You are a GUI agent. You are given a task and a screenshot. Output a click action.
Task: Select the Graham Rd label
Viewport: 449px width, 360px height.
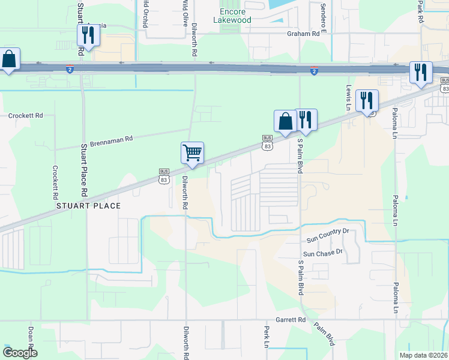point(303,34)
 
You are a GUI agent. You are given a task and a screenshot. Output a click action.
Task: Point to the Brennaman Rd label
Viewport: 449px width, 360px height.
point(111,142)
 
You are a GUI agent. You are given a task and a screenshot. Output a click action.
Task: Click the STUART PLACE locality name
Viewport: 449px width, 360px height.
point(88,206)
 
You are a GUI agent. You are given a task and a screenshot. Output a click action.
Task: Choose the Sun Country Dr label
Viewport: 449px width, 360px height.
point(328,235)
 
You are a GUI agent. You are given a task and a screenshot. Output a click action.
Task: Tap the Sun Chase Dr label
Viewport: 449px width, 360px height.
point(322,253)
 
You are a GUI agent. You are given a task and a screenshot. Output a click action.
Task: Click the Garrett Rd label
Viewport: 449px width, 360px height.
point(291,320)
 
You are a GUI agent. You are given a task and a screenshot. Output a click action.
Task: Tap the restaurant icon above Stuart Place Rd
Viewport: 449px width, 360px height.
point(88,37)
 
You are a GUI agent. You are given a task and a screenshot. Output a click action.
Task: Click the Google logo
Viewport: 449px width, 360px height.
point(19,353)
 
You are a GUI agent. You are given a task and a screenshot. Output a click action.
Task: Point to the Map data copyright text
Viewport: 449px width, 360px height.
point(424,355)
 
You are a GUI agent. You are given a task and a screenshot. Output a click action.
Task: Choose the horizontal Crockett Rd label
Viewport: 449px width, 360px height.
point(26,115)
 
